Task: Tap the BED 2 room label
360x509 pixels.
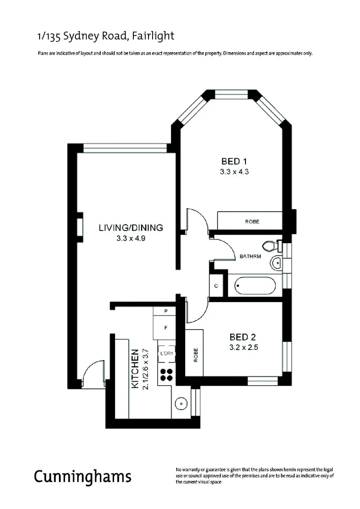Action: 243,337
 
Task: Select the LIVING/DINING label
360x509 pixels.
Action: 131,228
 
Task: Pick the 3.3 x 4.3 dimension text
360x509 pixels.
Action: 234,172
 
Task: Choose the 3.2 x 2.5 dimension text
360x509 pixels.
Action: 243,349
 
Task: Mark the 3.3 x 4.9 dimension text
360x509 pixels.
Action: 131,239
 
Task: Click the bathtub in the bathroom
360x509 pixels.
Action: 255,285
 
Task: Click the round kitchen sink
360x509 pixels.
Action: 181,403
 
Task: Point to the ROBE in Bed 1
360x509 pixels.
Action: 252,221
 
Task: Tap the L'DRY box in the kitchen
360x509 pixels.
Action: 166,354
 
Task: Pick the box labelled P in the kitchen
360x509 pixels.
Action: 165,311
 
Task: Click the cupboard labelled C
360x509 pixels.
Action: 216,286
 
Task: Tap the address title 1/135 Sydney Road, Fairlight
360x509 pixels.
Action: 106,36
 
